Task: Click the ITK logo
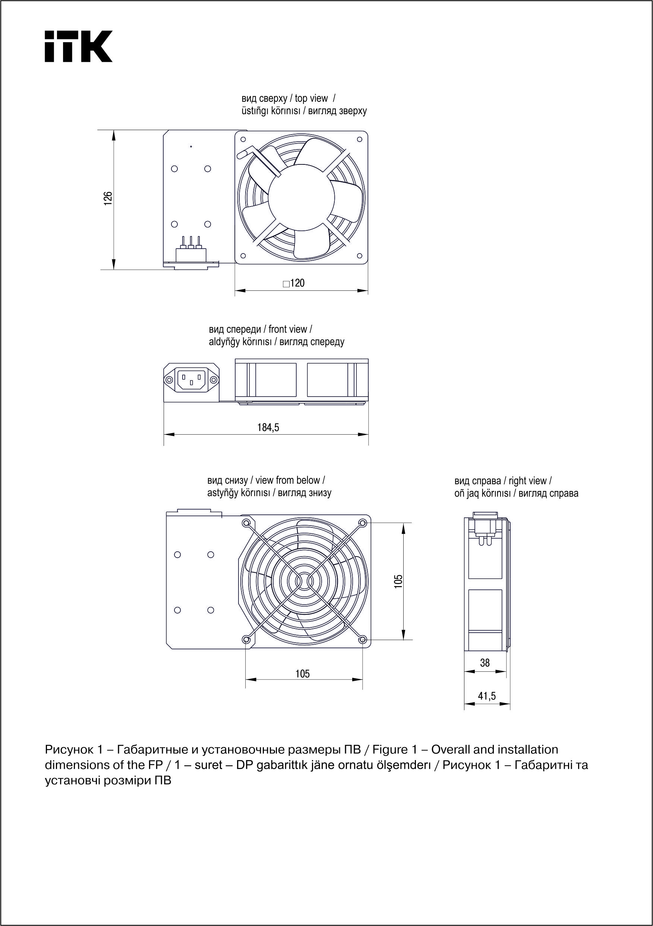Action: click(78, 46)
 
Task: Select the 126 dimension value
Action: click(108, 199)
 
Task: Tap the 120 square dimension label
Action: click(294, 283)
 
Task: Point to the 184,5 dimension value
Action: click(268, 427)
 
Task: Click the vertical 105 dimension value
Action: click(398, 581)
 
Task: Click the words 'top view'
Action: click(311, 98)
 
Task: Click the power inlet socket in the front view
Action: click(192, 379)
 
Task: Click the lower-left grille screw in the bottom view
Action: click(246, 639)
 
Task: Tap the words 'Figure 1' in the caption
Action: click(394, 750)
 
